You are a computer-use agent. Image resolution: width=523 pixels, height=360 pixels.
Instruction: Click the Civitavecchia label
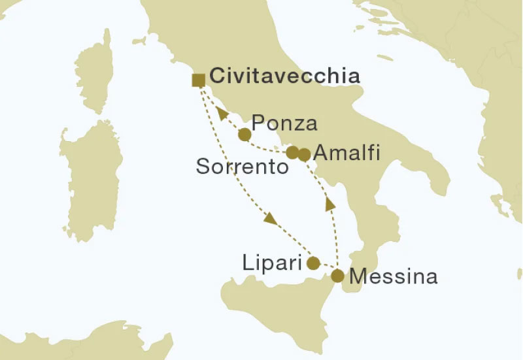(x=285, y=76)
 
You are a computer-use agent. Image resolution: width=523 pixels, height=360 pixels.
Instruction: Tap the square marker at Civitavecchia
(x=198, y=80)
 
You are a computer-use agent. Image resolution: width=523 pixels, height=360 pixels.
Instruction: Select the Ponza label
(x=284, y=123)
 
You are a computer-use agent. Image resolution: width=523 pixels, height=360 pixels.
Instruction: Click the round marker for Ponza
(x=244, y=135)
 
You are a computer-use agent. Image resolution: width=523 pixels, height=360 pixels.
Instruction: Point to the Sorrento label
(x=243, y=167)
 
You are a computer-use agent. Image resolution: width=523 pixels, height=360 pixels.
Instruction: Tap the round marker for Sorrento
(x=293, y=153)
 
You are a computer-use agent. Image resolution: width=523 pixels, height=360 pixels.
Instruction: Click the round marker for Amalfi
(x=303, y=154)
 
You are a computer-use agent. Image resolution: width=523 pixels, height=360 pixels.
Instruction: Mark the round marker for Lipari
(x=313, y=263)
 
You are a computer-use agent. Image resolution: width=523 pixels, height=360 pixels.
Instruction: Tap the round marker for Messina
(x=337, y=276)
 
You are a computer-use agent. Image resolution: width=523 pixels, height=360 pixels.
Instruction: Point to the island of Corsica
(x=95, y=72)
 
